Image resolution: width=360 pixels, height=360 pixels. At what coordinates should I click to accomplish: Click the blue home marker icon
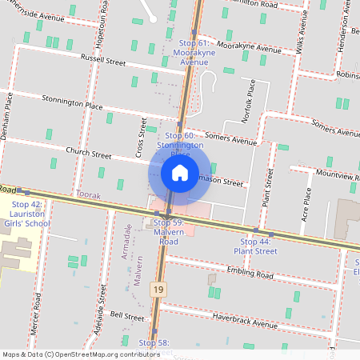pos(180,173)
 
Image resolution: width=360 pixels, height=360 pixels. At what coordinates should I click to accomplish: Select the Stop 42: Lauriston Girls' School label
pos(26,214)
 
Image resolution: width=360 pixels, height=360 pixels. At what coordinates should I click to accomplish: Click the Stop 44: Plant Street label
pos(255,246)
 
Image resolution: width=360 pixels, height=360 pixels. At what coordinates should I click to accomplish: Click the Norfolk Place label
pos(249,101)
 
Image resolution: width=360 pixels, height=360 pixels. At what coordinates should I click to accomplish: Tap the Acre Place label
pos(305,205)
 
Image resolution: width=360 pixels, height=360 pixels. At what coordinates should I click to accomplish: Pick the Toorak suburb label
pos(86,194)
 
